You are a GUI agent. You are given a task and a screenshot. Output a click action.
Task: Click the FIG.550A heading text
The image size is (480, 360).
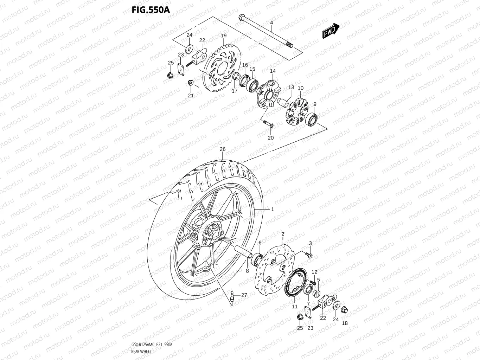click(x=151, y=9)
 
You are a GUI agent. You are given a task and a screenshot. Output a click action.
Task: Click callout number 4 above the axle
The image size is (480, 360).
click(x=271, y=23)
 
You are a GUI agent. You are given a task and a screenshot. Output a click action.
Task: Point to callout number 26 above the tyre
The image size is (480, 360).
click(x=222, y=149)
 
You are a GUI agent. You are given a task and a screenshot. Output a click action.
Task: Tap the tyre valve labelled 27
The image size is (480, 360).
click(x=232, y=296)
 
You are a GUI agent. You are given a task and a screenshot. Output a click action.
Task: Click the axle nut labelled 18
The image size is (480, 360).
click(x=345, y=310)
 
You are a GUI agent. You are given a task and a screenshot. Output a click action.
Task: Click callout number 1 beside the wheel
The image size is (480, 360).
click(x=272, y=209)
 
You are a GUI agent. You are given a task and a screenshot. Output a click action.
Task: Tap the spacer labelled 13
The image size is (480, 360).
click(x=283, y=103)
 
